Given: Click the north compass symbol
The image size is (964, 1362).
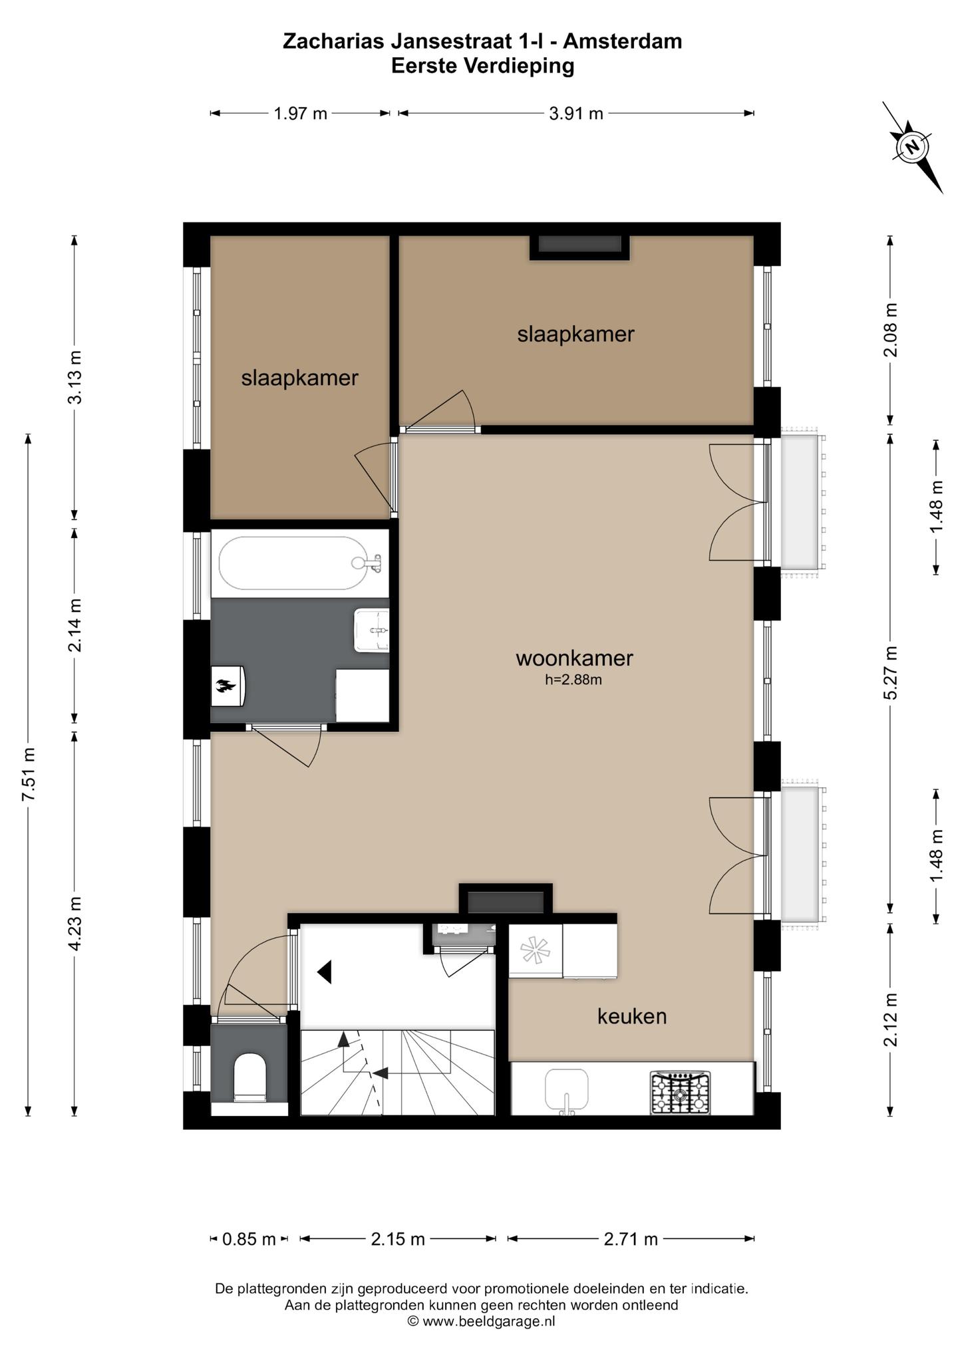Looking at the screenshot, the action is (x=913, y=147).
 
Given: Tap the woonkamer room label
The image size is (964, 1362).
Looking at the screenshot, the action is (x=574, y=658).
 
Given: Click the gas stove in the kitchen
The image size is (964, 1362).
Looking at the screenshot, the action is (x=680, y=1093).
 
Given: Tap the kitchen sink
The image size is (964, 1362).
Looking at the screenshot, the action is (x=566, y=1091).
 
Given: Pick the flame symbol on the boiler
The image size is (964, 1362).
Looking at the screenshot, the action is (x=224, y=686).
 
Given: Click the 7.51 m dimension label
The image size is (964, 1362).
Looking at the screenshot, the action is (x=29, y=775).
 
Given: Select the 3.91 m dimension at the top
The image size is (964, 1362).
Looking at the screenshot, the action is (x=576, y=114).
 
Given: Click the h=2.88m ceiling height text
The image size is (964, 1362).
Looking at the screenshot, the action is (x=573, y=680).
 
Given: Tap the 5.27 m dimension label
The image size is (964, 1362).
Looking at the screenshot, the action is (x=891, y=672).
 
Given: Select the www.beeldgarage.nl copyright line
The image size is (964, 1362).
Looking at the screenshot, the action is (x=482, y=1321).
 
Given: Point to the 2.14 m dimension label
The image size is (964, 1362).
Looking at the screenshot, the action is (x=75, y=625).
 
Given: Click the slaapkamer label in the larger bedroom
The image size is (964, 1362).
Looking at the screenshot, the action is (x=576, y=334).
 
